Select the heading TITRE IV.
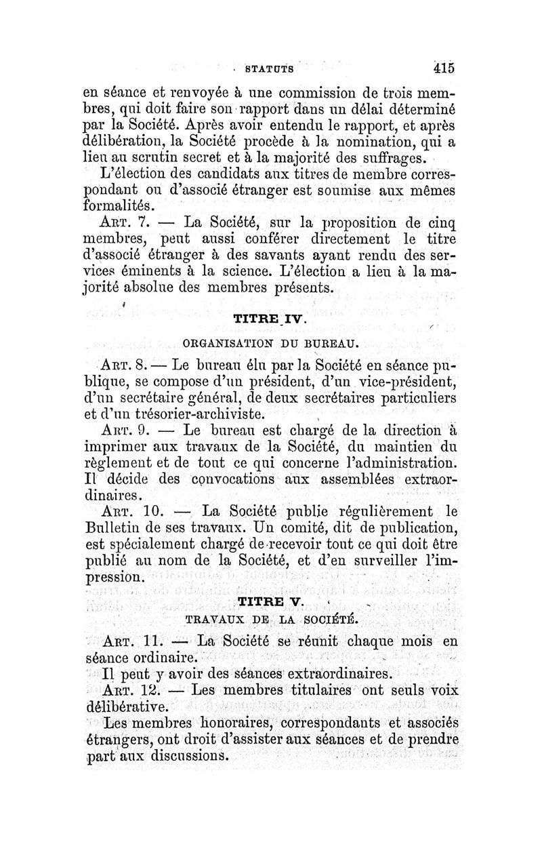tap(270, 317)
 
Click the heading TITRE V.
tap(270, 602)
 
